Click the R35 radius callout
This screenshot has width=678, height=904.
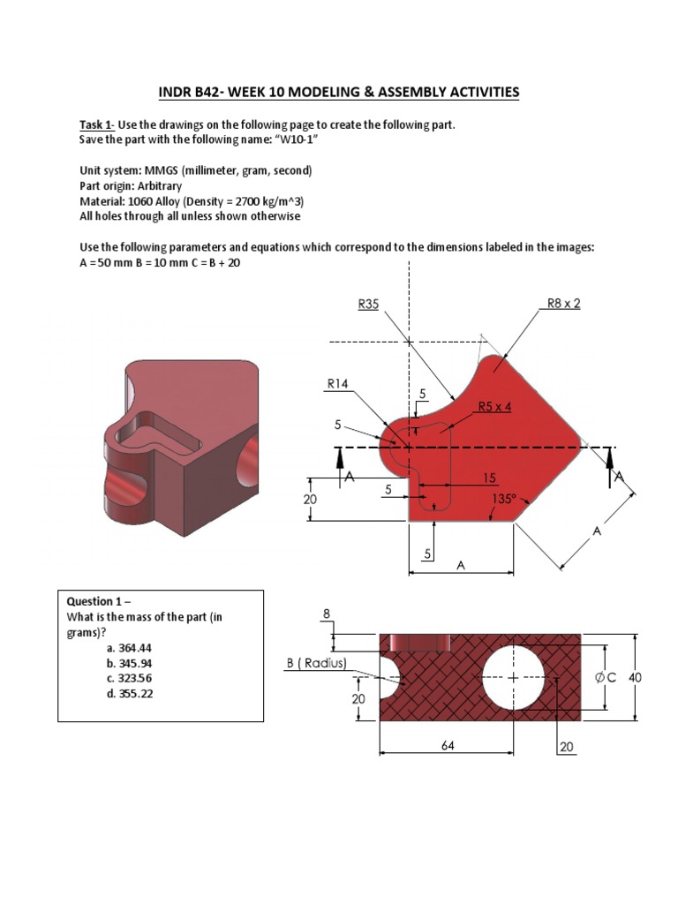click(x=368, y=304)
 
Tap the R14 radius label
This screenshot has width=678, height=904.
click(x=338, y=383)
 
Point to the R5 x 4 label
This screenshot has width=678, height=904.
click(x=494, y=407)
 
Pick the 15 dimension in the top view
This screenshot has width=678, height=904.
click(x=488, y=478)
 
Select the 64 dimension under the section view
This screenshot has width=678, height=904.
click(x=448, y=744)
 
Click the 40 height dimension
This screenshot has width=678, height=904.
click(x=635, y=678)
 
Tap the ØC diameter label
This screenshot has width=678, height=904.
click(x=605, y=678)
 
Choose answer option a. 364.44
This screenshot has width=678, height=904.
click(x=129, y=648)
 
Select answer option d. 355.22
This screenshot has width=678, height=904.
click(x=129, y=693)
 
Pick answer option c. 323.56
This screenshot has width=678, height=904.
click(x=129, y=678)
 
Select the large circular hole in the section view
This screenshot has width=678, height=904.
click(x=513, y=678)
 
